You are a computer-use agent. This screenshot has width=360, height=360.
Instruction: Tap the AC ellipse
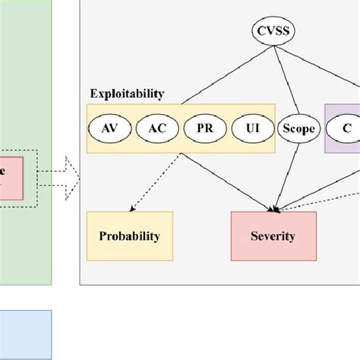click(x=156, y=128)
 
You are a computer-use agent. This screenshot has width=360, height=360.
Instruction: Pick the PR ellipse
click(x=204, y=128)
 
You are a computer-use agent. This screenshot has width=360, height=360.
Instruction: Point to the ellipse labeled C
click(x=346, y=128)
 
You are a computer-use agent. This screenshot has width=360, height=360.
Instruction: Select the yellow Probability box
click(x=130, y=236)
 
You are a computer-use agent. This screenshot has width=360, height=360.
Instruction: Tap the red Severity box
click(x=273, y=236)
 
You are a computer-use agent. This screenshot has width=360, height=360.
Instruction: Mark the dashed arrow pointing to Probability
click(x=156, y=182)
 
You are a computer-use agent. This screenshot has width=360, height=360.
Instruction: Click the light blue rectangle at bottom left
click(x=26, y=334)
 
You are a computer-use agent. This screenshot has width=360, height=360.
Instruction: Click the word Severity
click(x=273, y=236)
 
